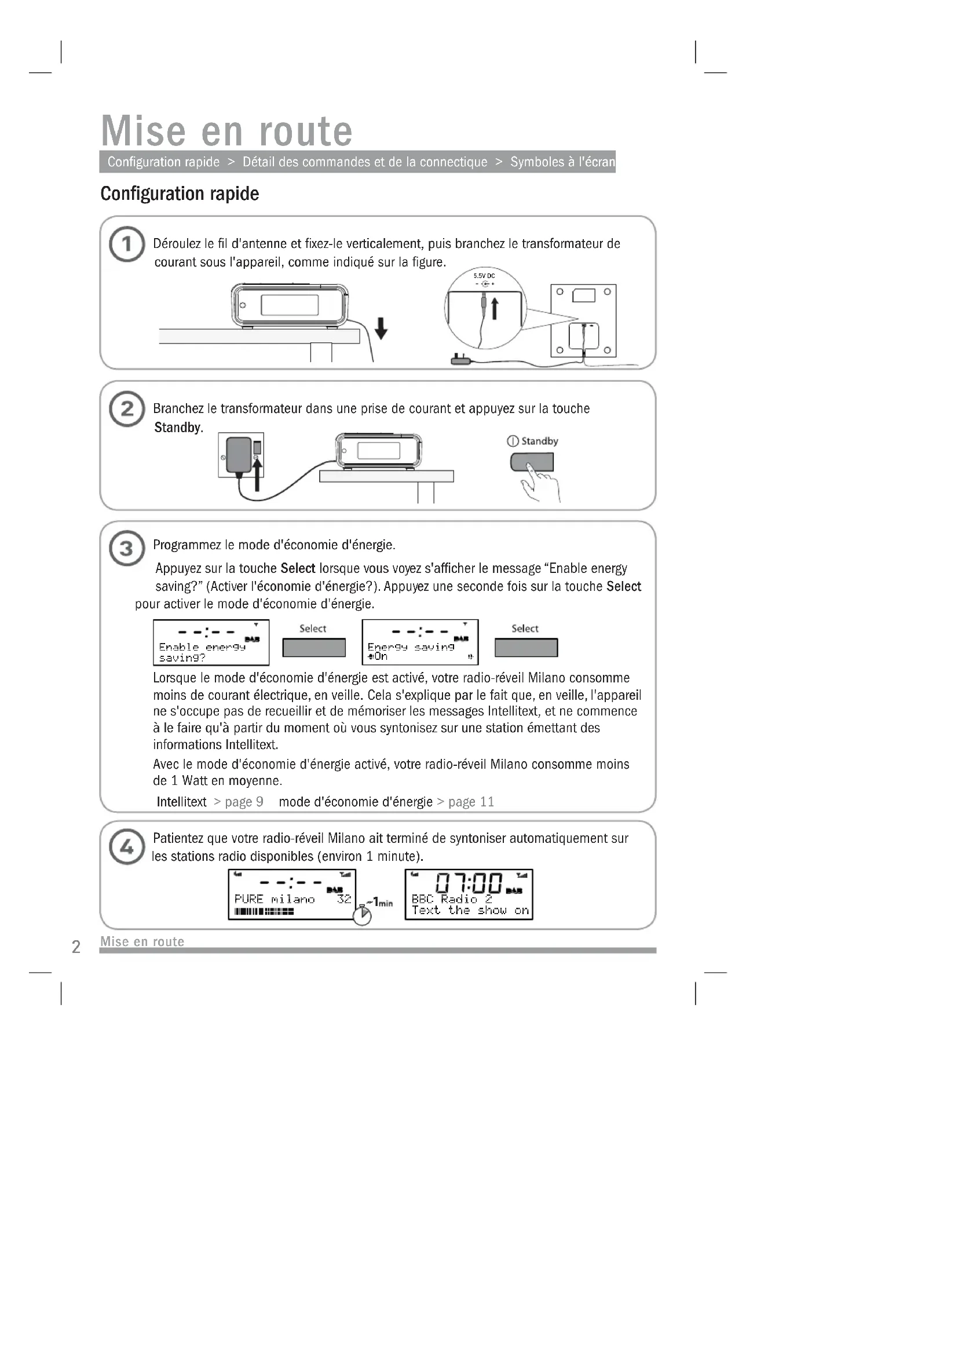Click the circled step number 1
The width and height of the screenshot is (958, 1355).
(126, 244)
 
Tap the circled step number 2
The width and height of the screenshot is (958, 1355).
(126, 408)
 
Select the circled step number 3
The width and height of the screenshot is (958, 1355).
(126, 548)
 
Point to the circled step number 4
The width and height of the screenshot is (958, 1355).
(126, 847)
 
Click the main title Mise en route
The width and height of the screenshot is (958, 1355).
(226, 130)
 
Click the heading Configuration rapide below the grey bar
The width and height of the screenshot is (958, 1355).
(180, 193)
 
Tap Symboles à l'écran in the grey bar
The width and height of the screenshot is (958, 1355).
(562, 162)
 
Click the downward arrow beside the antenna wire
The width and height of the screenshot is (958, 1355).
(381, 327)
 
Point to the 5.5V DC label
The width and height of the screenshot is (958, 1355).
(484, 276)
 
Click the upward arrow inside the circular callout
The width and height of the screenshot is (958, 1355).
(495, 308)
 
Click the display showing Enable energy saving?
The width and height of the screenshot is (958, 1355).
(211, 642)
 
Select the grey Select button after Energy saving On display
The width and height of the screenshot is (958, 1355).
(525, 648)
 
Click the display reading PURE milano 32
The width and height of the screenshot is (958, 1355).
(291, 894)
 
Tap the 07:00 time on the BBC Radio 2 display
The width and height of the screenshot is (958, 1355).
(469, 883)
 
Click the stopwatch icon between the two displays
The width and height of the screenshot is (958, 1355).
(362, 915)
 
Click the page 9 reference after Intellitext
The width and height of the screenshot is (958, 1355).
(244, 801)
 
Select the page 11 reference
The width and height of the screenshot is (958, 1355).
(471, 801)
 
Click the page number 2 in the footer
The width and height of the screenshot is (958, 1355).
(76, 947)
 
